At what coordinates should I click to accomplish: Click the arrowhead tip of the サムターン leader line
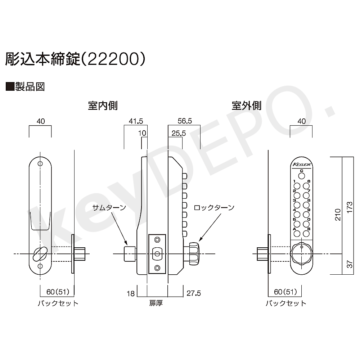(x=127, y=245)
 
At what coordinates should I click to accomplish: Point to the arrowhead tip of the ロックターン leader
(x=199, y=241)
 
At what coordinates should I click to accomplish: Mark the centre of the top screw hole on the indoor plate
(x=40, y=164)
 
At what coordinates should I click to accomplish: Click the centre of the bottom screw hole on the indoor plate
(x=40, y=266)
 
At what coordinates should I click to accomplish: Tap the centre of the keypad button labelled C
(x=301, y=176)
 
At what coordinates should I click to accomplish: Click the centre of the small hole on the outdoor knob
(x=302, y=247)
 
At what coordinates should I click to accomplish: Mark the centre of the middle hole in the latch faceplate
(x=157, y=254)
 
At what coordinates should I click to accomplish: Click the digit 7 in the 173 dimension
(x=350, y=207)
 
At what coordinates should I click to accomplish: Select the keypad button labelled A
(x=297, y=234)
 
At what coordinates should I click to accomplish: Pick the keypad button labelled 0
(x=306, y=224)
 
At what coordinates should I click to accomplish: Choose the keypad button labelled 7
(x=306, y=195)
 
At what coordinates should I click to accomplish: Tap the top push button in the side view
(x=185, y=176)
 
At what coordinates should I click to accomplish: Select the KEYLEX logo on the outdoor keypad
(x=302, y=165)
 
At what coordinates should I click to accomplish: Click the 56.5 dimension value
(x=185, y=121)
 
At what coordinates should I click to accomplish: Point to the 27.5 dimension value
(x=194, y=293)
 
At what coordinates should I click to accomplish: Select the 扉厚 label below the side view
(x=156, y=303)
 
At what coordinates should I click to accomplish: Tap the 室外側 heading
(x=247, y=106)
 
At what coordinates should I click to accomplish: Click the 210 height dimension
(x=338, y=215)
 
